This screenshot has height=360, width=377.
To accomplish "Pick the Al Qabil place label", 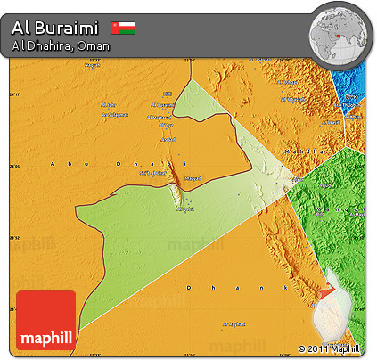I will pyautogui.click(x=184, y=210).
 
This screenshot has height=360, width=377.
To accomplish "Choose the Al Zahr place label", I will pyautogui.click(x=108, y=104).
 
